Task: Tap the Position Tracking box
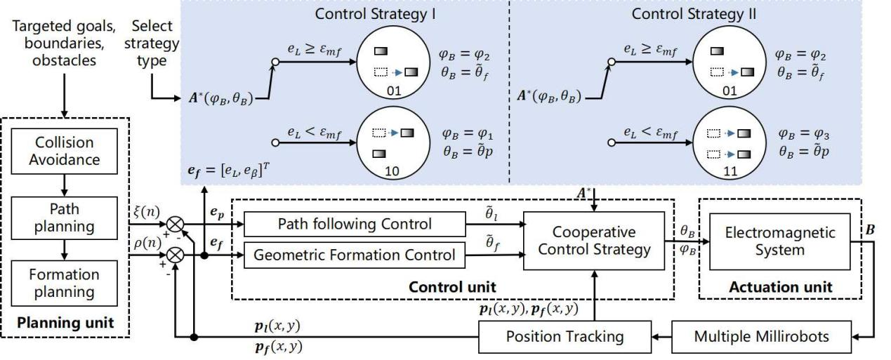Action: click(x=565, y=336)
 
